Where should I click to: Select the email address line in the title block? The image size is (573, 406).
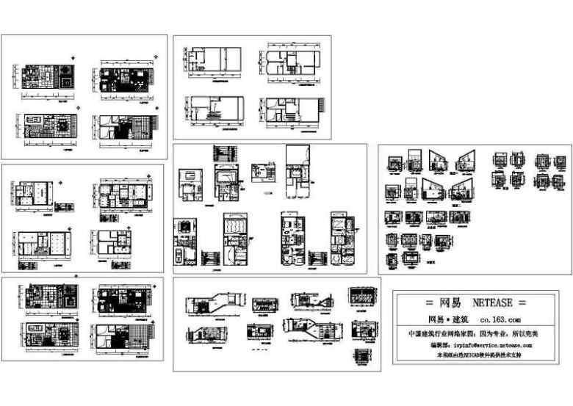[480, 344]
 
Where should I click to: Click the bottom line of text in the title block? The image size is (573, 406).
[480, 355]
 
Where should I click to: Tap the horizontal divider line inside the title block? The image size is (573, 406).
[480, 311]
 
